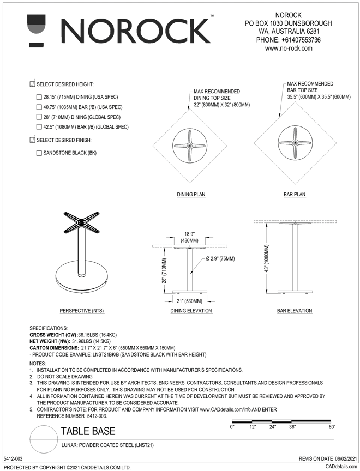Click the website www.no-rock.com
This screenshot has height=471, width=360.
point(288,49)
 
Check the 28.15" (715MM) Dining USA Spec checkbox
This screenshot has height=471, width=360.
point(39,97)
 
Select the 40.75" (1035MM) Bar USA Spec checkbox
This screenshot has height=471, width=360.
point(39,107)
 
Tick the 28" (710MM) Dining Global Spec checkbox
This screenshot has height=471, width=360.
point(39,117)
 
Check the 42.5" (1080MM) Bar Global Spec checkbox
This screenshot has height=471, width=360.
point(39,127)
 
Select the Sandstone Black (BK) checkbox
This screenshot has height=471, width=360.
point(39,153)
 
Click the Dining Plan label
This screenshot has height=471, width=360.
point(190,194)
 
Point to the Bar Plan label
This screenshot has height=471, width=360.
point(295,194)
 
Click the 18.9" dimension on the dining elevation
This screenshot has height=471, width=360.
point(188,234)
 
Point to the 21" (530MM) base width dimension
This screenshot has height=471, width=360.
point(187,301)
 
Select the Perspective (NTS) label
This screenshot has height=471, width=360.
point(82,311)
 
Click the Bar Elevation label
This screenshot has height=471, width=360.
point(295,311)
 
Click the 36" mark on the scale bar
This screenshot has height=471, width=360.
point(292,427)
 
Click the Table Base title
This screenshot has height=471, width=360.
point(88,432)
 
